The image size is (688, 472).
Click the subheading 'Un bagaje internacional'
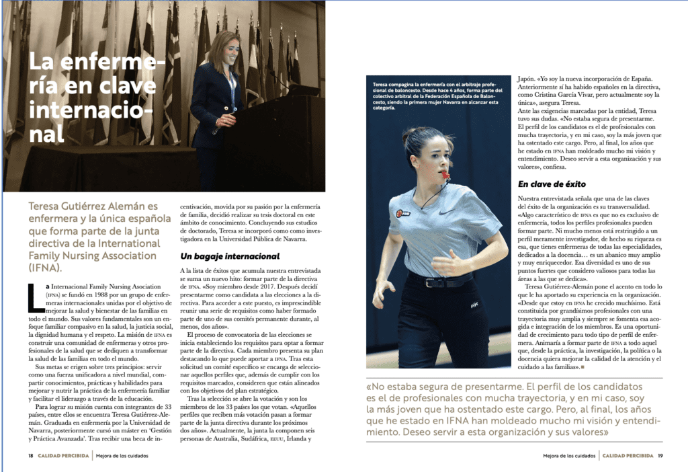230,256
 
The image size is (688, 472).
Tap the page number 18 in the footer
31,456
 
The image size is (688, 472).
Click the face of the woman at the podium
230,52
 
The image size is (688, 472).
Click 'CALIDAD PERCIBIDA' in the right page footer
628,456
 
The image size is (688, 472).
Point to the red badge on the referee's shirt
398,213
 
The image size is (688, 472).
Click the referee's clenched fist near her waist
443,264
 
